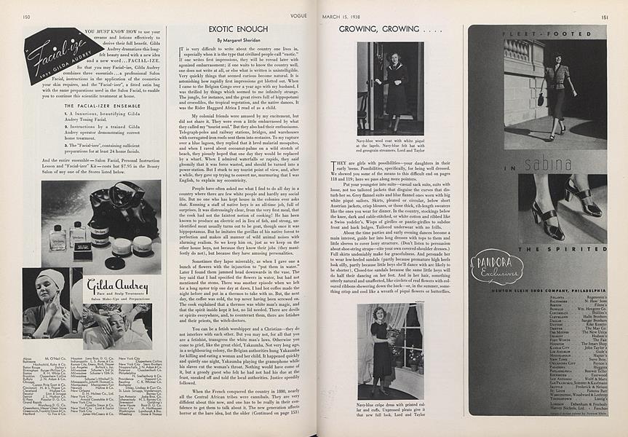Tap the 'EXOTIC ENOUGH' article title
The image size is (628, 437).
pos(231,28)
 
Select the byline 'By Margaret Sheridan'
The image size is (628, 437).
pos(231,39)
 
